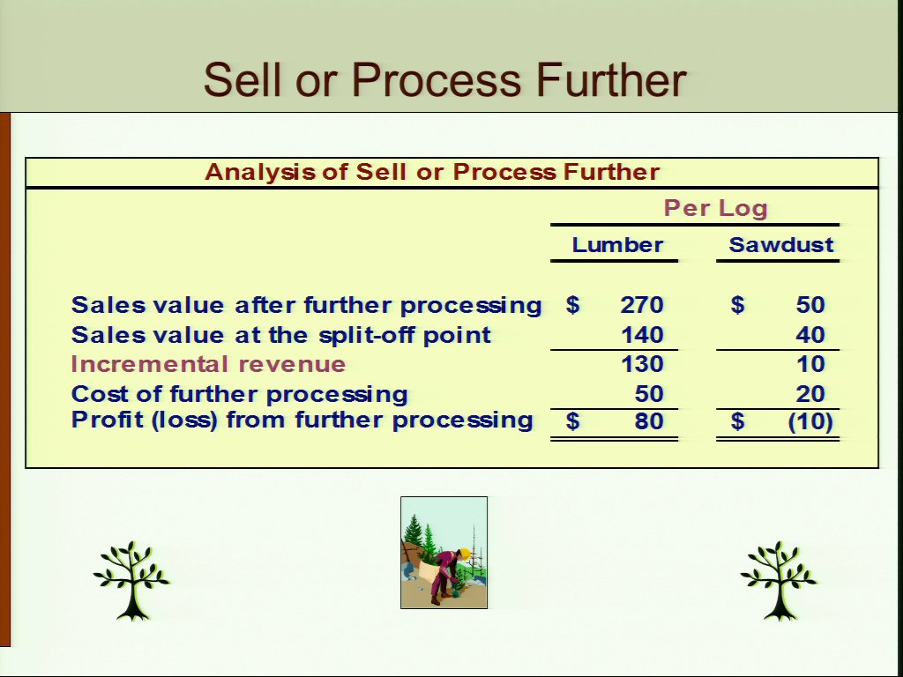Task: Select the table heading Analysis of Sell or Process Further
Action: click(432, 172)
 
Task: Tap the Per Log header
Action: click(715, 208)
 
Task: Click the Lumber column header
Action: click(617, 245)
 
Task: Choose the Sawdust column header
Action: click(781, 245)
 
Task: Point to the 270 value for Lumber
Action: click(642, 304)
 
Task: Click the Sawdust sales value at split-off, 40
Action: click(810, 334)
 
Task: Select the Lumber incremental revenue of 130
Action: click(642, 364)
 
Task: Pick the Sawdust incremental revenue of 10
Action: click(811, 364)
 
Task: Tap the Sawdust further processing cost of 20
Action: click(810, 394)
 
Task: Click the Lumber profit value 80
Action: click(649, 420)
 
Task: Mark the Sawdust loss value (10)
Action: click(810, 421)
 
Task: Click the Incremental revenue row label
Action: click(208, 364)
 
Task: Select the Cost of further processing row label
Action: click(240, 395)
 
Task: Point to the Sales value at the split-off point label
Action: click(281, 335)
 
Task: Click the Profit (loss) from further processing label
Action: click(302, 420)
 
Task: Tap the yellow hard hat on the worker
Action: click(462, 554)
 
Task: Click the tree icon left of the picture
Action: click(132, 580)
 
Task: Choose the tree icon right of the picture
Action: click(779, 580)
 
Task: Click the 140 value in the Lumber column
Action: click(642, 334)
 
